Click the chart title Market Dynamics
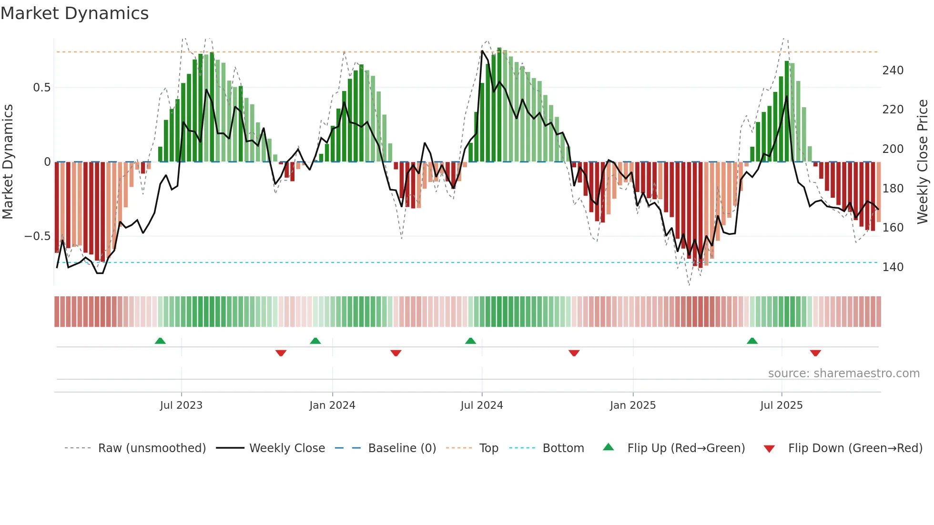[75, 13]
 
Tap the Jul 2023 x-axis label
[181, 405]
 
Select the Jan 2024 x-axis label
[332, 405]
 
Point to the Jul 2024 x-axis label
[482, 405]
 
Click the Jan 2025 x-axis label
[633, 405]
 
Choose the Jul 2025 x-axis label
[782, 405]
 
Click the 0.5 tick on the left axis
[41, 88]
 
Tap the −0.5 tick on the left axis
[37, 236]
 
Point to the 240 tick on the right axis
[893, 71]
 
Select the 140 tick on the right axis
[893, 267]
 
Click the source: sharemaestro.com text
[843, 374]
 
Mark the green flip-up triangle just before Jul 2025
[752, 341]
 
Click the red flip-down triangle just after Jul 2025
[815, 353]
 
